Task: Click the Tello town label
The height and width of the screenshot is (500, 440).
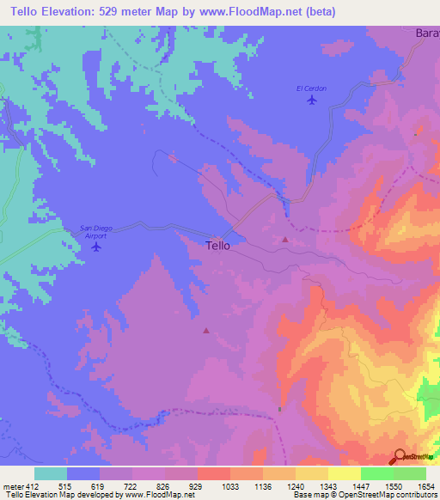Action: pos(218,245)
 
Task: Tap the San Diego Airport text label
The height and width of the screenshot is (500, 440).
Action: pos(96,231)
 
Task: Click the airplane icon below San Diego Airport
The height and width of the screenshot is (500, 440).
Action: pos(95,247)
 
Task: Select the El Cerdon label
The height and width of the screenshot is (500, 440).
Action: pos(311,88)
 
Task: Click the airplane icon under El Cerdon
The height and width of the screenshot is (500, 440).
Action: pos(311,101)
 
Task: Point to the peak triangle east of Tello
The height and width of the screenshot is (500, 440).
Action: pos(285,240)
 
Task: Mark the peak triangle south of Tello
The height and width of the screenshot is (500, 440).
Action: pos(205,330)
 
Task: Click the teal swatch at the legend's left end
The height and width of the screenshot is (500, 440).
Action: pos(51,473)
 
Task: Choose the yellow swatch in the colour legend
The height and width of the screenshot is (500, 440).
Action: pos(344,473)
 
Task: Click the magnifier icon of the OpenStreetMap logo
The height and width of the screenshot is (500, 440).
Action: pos(400,457)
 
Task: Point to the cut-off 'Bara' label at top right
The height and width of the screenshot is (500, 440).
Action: pos(427,33)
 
